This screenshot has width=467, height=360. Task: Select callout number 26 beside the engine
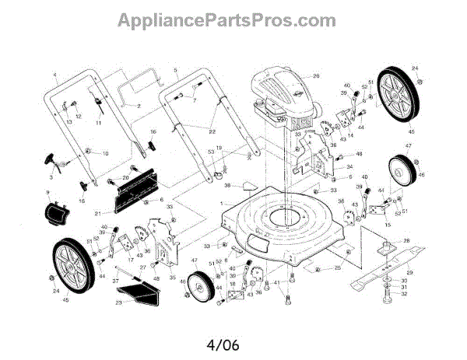(x=317, y=76)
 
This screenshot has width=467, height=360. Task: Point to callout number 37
(x=115, y=280)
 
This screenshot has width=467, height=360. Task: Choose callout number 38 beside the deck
(x=228, y=186)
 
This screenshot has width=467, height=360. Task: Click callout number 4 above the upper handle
(x=55, y=75)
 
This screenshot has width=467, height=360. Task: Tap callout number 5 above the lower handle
(x=176, y=70)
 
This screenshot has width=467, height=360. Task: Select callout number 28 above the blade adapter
(x=406, y=241)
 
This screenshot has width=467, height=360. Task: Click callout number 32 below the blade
(x=402, y=294)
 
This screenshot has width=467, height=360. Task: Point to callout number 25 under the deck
(x=338, y=268)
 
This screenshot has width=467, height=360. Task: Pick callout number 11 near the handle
(x=99, y=123)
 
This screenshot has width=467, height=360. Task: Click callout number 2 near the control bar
(x=138, y=105)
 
